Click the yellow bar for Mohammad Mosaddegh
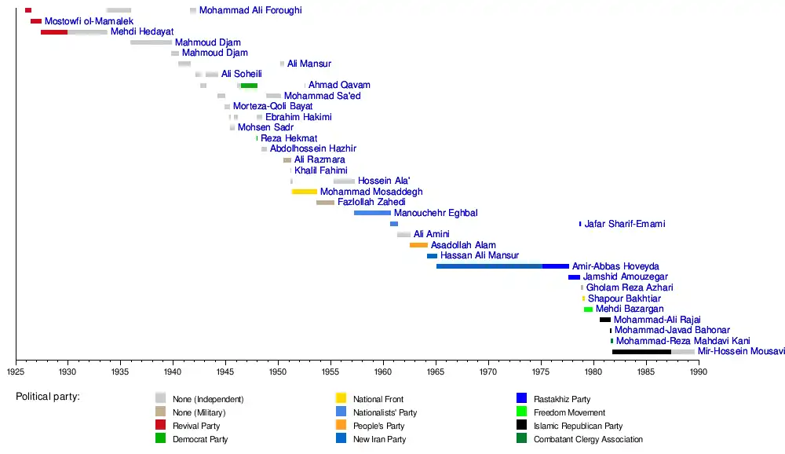[304, 192]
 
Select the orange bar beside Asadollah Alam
[418, 245]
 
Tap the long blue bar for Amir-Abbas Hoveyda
[502, 266]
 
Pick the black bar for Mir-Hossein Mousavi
[641, 352]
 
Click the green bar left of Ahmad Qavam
[249, 85]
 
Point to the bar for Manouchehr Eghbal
[372, 213]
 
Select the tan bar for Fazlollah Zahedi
[325, 203]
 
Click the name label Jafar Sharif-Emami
[625, 224]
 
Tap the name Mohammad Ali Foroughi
[250, 10]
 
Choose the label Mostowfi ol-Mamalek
[89, 21]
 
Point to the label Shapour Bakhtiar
[624, 298]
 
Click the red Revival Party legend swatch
[161, 425]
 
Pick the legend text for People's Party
[378, 426]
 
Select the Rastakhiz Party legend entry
[561, 399]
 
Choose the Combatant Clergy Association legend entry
[587, 439]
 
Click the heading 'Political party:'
[48, 397]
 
